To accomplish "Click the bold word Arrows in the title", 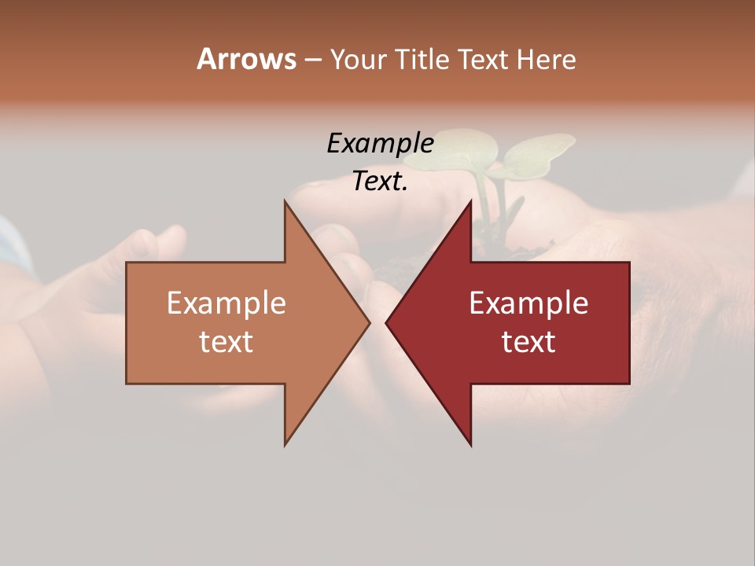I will [x=246, y=59].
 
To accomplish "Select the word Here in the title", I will [x=547, y=59].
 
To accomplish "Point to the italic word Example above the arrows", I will [x=380, y=143].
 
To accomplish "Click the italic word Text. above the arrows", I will [x=380, y=181].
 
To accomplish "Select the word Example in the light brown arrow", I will [x=226, y=303].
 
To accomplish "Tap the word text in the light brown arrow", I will [x=226, y=342].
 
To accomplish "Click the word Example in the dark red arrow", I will [x=528, y=303].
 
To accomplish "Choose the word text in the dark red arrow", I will [x=528, y=342].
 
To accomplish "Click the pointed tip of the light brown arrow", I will [x=368, y=322].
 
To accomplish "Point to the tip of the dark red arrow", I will [x=387, y=322].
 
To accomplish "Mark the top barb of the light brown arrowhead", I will [x=285, y=204].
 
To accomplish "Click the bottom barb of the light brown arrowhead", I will [x=285, y=443].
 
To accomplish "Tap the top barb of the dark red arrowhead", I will [x=470, y=204].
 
